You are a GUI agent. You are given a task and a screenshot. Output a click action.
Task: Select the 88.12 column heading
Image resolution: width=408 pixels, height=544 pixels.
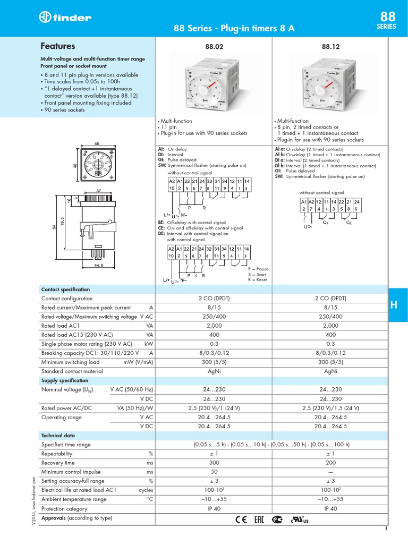pyautogui.click(x=330, y=47)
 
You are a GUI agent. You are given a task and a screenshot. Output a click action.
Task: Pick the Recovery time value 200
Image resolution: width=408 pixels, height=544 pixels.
pyautogui.click(x=330, y=463)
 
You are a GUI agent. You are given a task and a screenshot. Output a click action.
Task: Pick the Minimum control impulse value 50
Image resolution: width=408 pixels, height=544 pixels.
pyautogui.click(x=214, y=472)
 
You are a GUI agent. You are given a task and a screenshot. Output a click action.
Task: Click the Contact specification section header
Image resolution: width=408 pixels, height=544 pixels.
pyautogui.click(x=65, y=290)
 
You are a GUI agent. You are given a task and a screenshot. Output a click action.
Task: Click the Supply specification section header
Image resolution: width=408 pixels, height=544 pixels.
pyautogui.click(x=65, y=381)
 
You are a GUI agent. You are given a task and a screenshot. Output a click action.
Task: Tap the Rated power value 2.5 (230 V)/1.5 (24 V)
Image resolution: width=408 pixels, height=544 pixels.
pyautogui.click(x=330, y=408)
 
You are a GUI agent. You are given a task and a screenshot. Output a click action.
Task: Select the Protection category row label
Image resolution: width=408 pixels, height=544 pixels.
pyautogui.click(x=64, y=508)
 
